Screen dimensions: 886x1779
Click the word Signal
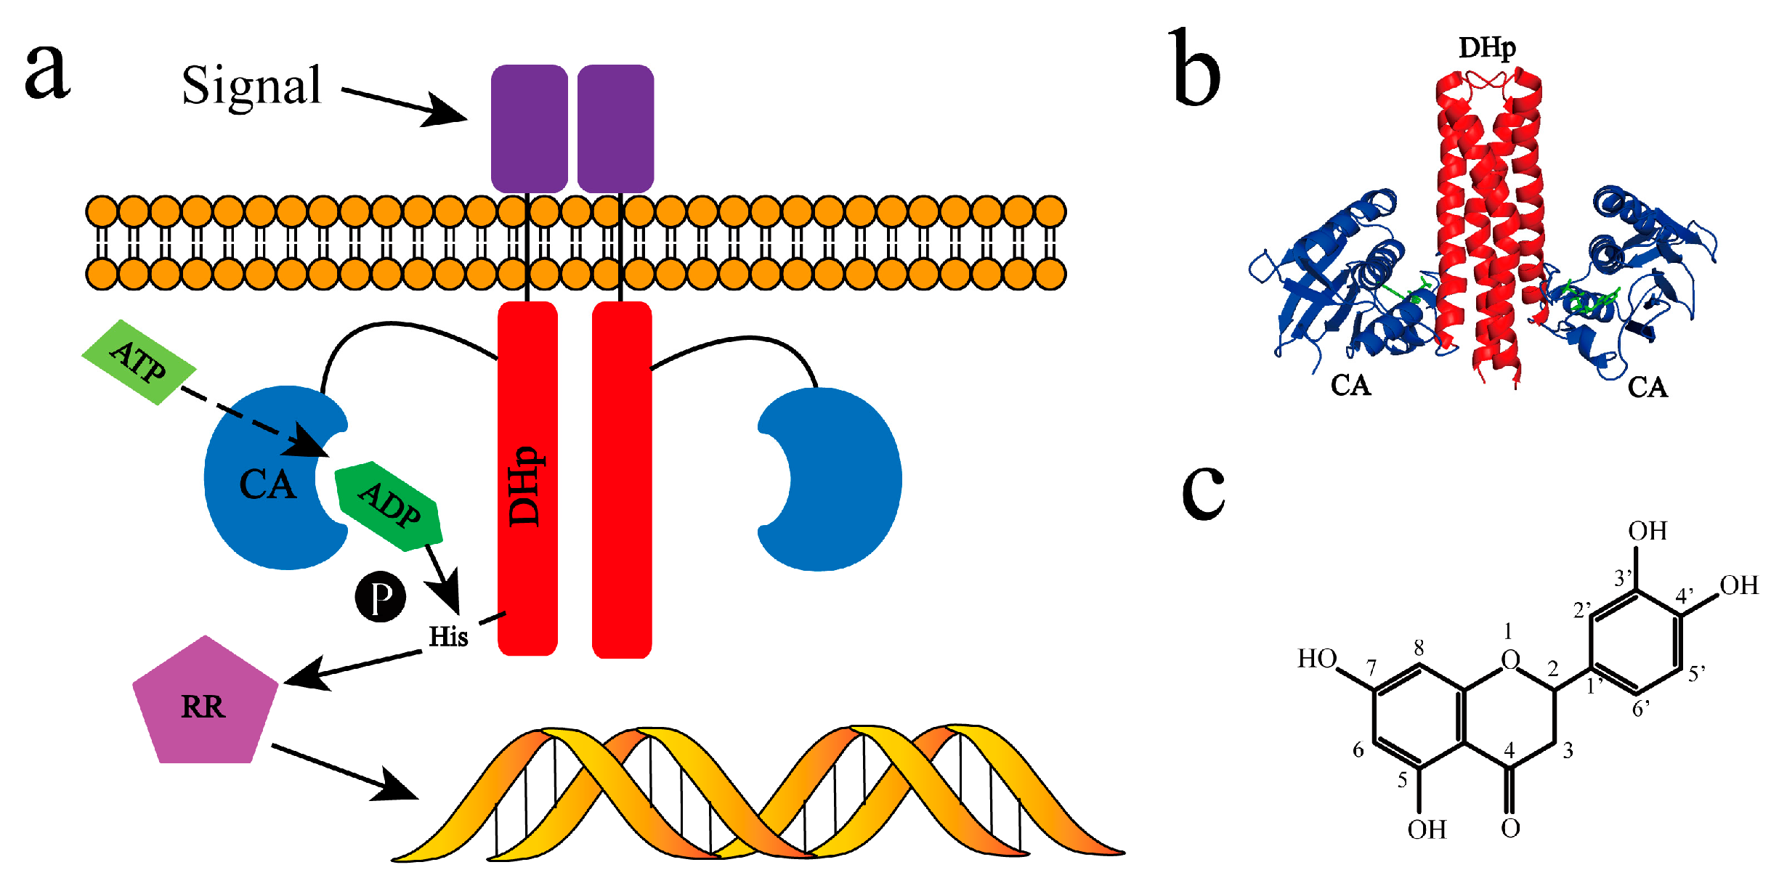(x=251, y=86)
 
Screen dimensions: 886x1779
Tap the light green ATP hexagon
(x=138, y=362)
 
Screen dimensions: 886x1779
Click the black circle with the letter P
(x=380, y=597)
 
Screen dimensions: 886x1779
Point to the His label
(x=448, y=637)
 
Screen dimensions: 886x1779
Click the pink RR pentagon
(x=205, y=704)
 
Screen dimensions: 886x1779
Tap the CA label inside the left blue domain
(x=267, y=484)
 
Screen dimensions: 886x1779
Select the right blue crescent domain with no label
(x=843, y=479)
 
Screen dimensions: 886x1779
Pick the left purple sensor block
(x=529, y=128)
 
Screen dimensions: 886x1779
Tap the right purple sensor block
(x=615, y=128)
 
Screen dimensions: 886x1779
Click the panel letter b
(x=1195, y=69)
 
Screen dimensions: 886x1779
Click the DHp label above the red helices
(x=1486, y=49)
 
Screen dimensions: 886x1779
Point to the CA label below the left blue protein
(x=1350, y=386)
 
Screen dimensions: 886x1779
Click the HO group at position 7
(x=1316, y=659)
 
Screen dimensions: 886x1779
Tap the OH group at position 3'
(x=1647, y=532)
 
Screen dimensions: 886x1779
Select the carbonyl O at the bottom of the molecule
(x=1510, y=828)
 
